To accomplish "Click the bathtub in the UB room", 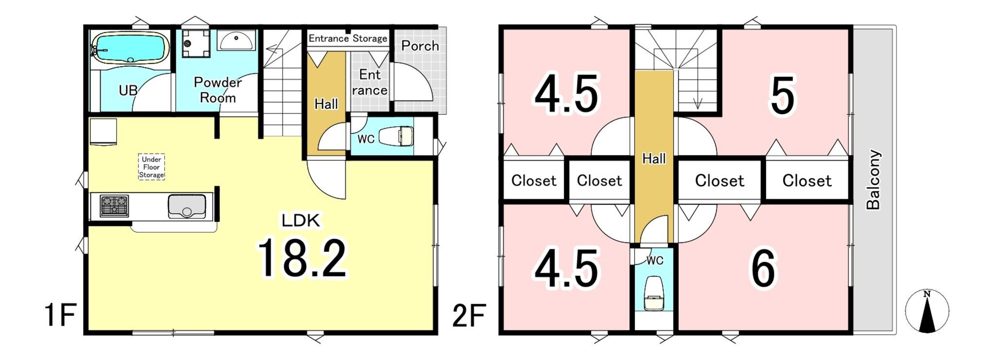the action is (x=130, y=47).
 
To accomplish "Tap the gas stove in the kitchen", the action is (x=115, y=206).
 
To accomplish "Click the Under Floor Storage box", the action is (x=152, y=167).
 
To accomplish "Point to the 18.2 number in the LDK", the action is (x=302, y=257).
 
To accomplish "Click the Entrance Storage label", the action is (x=348, y=38).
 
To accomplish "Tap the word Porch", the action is (x=420, y=46).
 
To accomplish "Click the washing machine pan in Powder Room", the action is (x=196, y=44).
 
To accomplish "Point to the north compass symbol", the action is (x=927, y=311).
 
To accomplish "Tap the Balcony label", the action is (x=874, y=179).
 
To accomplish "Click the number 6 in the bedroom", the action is (x=763, y=268).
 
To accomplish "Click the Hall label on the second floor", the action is (x=654, y=158).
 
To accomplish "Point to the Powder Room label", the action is (x=218, y=90).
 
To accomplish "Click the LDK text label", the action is (x=301, y=221).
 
